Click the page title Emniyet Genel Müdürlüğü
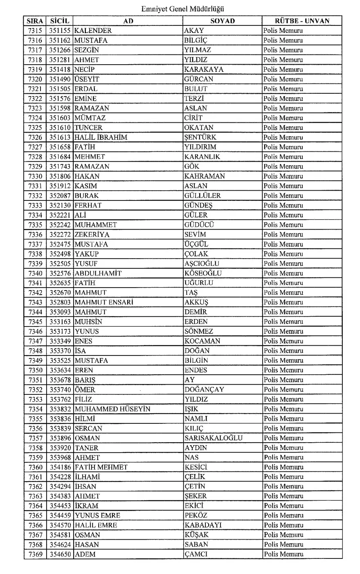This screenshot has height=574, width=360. [x=182, y=8]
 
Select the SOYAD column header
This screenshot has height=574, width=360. [x=223, y=21]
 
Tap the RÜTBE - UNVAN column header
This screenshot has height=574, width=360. [x=302, y=21]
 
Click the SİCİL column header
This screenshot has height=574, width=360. [x=60, y=21]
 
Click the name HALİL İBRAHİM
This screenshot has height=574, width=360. [x=101, y=137]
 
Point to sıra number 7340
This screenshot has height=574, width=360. [x=35, y=273]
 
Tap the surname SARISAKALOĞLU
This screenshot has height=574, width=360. [x=213, y=438]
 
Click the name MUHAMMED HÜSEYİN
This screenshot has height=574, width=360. [x=112, y=409]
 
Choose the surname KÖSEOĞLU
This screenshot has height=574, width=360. [x=203, y=273]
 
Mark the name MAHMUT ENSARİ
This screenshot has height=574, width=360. [x=104, y=302]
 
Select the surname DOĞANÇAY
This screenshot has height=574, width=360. [x=204, y=389]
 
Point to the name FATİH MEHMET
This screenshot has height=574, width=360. [x=101, y=467]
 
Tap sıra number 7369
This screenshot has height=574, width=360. [x=35, y=554]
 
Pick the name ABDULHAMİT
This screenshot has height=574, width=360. [x=98, y=273]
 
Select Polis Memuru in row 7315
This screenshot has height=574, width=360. [x=283, y=31]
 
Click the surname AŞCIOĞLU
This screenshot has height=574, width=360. [x=202, y=263]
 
